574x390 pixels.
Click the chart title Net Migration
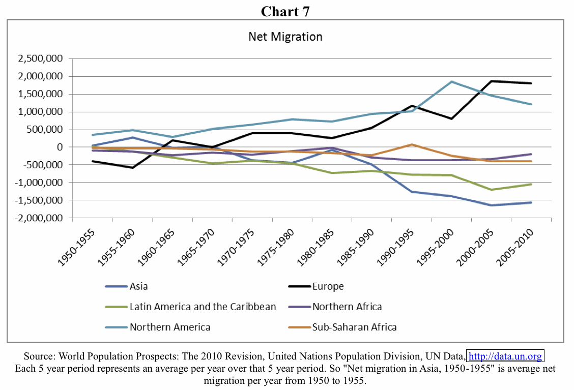[285, 37]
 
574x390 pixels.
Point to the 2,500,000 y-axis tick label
[40, 59]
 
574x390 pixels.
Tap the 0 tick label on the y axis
[60, 147]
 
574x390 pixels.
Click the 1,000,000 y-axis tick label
[40, 112]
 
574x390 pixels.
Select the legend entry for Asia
[138, 286]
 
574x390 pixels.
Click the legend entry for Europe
[328, 286]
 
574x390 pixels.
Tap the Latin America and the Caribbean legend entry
[203, 307]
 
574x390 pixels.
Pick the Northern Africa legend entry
[347, 307]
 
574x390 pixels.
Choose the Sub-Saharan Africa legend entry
[354, 327]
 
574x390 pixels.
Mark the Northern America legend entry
[169, 327]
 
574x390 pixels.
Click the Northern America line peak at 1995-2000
[451, 82]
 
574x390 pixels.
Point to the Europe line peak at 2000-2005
[491, 81]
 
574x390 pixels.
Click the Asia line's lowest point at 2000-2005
[491, 205]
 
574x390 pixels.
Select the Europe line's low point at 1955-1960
[133, 167]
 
